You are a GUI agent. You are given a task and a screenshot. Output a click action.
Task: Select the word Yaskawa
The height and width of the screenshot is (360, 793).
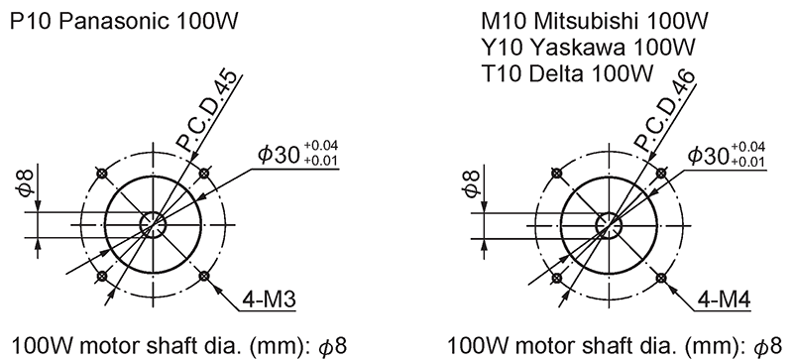[578, 48]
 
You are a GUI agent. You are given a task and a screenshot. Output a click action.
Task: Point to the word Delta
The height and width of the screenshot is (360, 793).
[556, 74]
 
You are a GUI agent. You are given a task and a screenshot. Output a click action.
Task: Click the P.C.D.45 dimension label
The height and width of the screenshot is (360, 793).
[206, 111]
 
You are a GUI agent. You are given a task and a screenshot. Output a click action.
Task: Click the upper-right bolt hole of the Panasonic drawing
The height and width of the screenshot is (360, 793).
[204, 174]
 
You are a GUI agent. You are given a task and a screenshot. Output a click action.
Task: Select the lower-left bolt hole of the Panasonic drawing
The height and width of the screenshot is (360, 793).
[102, 276]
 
